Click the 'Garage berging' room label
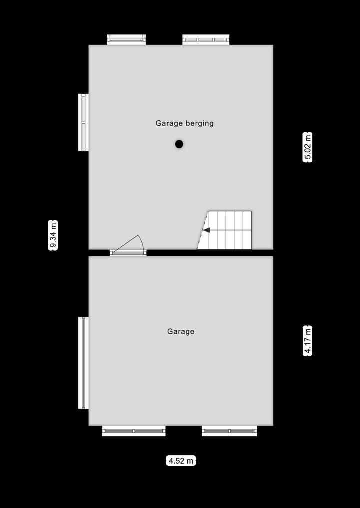point(184,123)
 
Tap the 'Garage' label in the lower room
point(181,331)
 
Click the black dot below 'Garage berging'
point(179,144)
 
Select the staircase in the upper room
point(229,230)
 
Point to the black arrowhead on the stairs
point(206,230)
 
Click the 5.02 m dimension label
point(308,147)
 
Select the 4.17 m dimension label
point(308,340)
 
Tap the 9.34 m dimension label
point(53,235)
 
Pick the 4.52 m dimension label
point(181,461)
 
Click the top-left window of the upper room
point(126,39)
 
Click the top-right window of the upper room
point(205,39)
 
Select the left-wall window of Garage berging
point(83,122)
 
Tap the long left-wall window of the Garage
point(83,363)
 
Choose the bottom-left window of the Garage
point(134,431)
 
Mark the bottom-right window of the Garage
point(229,431)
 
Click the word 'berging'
point(200,124)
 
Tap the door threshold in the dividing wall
point(128,253)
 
